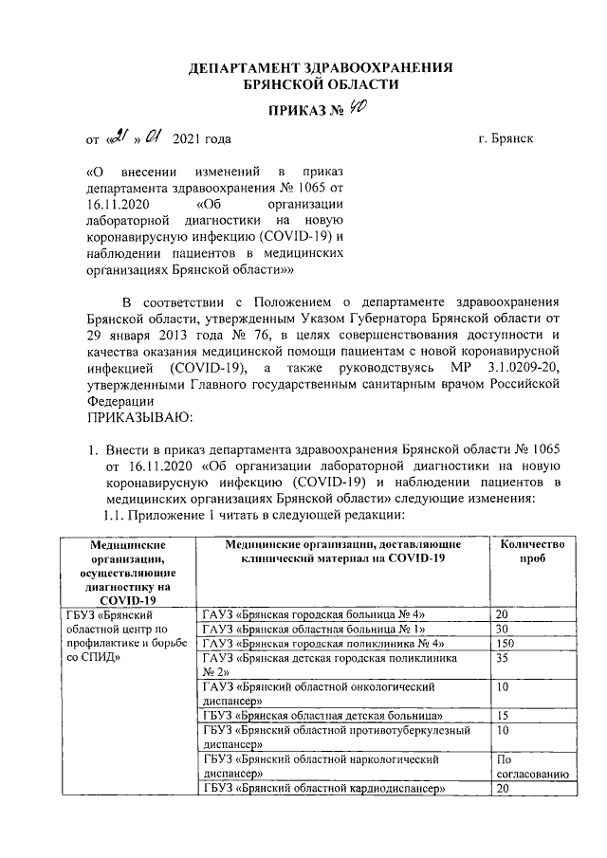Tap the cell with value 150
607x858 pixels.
click(x=507, y=644)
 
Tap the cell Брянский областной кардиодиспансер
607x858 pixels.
click(x=323, y=789)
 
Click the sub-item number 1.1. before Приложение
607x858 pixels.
click(x=114, y=516)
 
